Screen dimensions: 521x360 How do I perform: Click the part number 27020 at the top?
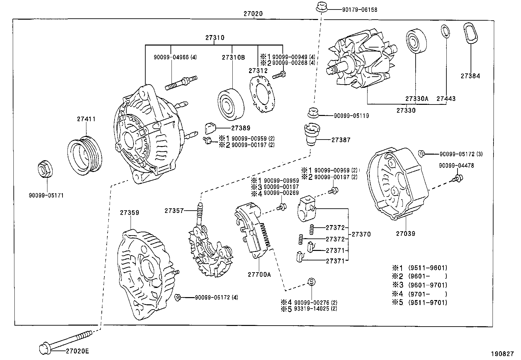coord(253,14)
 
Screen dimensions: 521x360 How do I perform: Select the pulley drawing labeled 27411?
coord(85,154)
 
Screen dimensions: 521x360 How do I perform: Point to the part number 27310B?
coord(233,57)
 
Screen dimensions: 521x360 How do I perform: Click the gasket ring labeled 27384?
coord(470,33)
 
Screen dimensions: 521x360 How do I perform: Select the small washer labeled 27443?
coord(445,31)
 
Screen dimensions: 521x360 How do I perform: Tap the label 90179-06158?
coord(360,10)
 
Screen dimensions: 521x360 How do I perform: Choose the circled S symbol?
coord(312,282)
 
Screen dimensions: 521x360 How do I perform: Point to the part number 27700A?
coord(259,275)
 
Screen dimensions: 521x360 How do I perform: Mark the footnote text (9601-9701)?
coord(428,285)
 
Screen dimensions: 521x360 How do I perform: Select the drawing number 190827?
coord(502,354)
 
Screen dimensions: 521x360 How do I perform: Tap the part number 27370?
coord(361,234)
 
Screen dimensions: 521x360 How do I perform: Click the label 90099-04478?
coord(456,165)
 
